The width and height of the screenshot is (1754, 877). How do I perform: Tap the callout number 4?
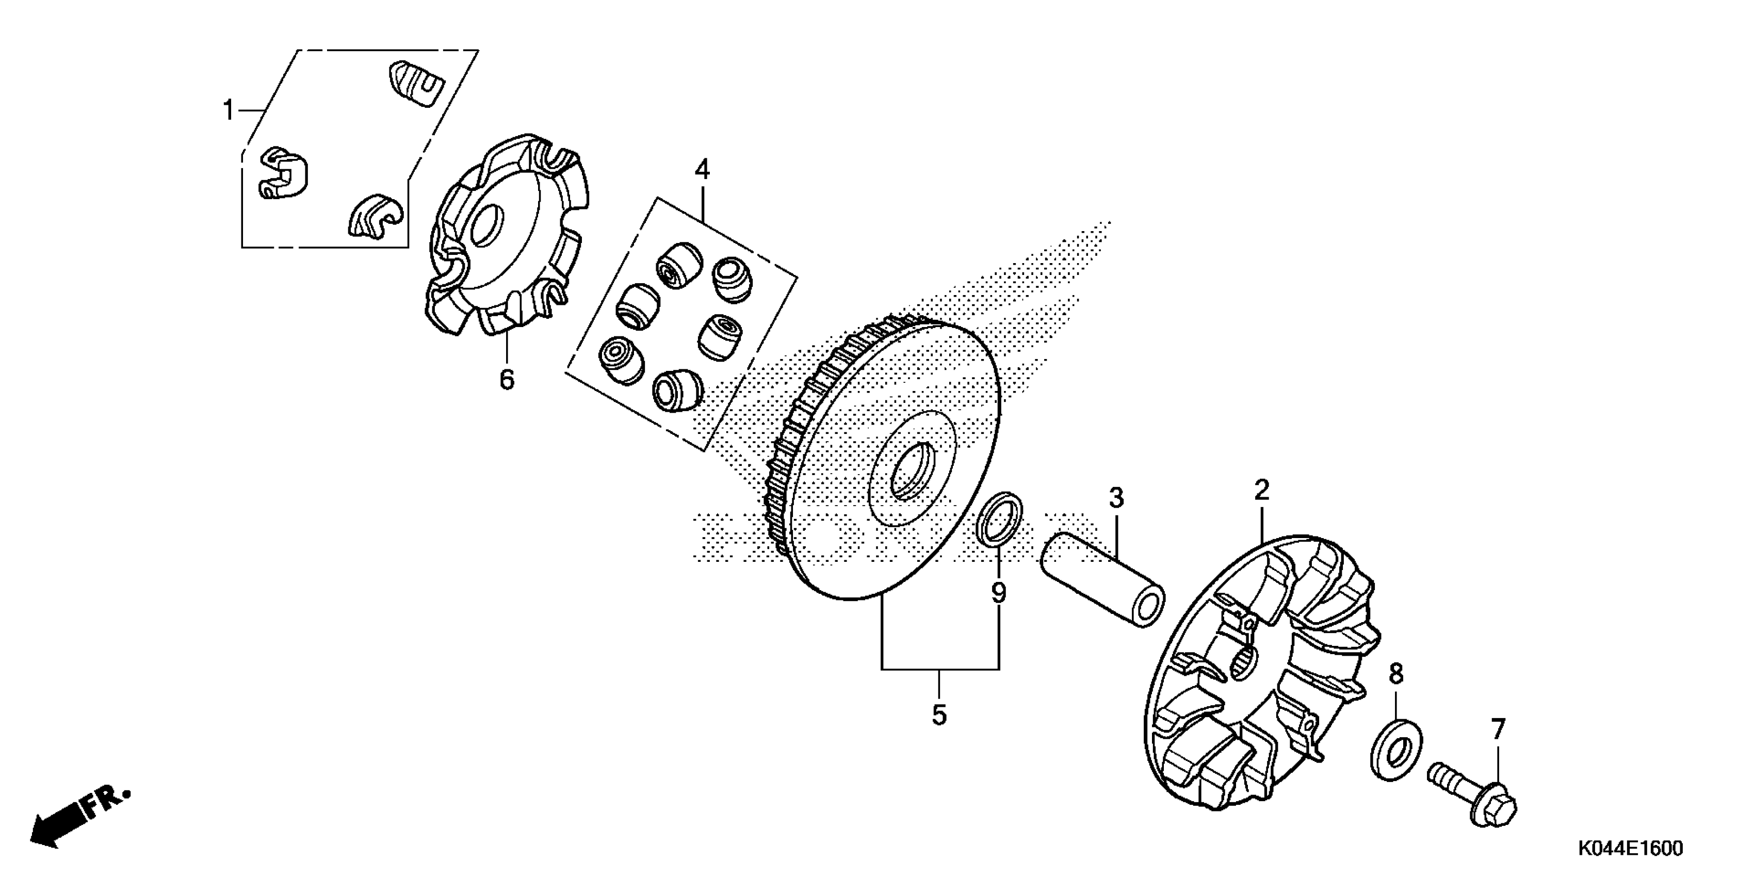point(702,169)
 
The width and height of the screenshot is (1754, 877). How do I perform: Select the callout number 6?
point(507,379)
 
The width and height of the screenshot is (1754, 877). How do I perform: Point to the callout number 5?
point(939,715)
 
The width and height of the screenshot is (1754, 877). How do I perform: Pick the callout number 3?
point(1116,498)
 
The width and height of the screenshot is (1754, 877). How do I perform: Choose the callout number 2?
point(1262,490)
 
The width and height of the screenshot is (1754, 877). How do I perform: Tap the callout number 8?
point(1396,674)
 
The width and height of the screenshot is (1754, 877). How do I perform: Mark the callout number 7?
point(1498,729)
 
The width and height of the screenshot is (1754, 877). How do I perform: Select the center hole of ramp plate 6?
point(488,224)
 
